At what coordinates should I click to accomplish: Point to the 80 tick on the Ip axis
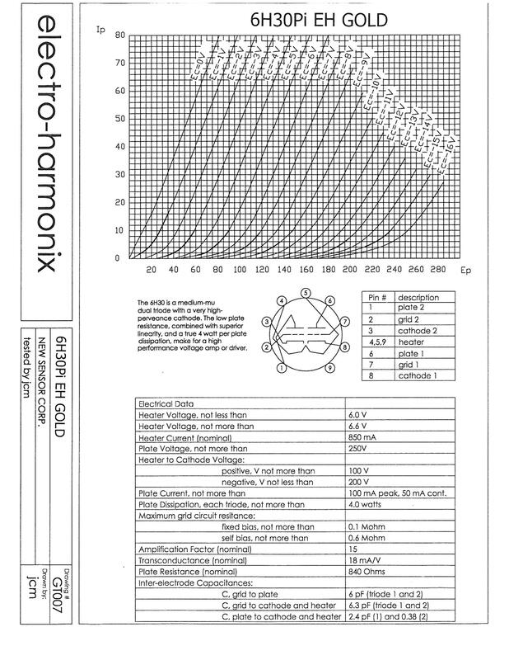point(119,35)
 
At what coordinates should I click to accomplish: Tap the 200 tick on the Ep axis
point(350,270)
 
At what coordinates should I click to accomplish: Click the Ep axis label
point(465,270)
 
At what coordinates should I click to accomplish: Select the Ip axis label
point(101,31)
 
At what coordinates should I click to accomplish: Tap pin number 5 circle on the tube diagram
point(306,293)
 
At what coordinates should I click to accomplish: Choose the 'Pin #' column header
point(376,297)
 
